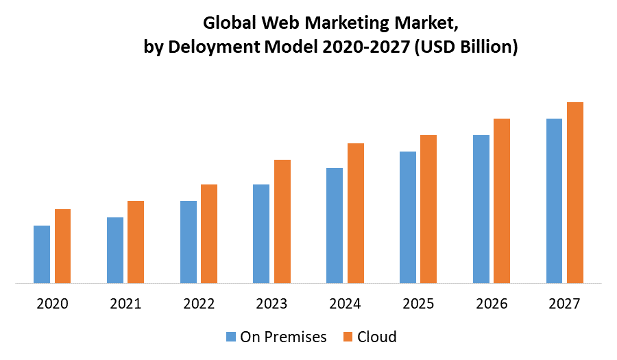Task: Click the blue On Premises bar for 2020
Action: click(x=42, y=254)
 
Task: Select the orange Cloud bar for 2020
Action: click(x=63, y=245)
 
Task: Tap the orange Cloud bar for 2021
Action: click(x=136, y=241)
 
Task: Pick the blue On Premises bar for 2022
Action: click(x=189, y=241)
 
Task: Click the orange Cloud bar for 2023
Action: click(x=282, y=221)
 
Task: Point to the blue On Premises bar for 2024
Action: click(x=335, y=225)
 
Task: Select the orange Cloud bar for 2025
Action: click(x=428, y=208)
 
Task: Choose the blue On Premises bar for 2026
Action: click(x=481, y=208)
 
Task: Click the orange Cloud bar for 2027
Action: click(x=575, y=192)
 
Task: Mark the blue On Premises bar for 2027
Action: click(x=554, y=200)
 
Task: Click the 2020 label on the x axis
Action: click(x=52, y=303)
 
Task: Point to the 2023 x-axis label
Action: click(x=271, y=303)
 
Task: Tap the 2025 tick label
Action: click(x=418, y=303)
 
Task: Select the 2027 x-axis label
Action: click(x=564, y=303)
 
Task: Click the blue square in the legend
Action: click(x=230, y=337)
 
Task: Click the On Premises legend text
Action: click(x=283, y=337)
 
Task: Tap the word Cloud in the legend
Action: click(x=376, y=337)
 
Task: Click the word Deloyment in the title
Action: click(x=225, y=47)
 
